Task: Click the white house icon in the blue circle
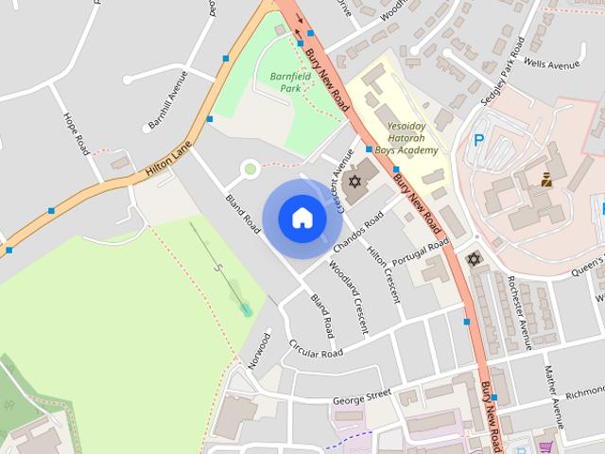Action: coord(302,218)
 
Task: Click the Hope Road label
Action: coord(76,132)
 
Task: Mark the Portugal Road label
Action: coord(423,252)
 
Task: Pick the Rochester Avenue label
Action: coord(519,301)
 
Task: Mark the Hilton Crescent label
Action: coord(384,272)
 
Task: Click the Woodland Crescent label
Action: coord(347,296)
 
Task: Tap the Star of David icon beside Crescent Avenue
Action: coord(355,180)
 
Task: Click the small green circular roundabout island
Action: coord(250,169)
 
